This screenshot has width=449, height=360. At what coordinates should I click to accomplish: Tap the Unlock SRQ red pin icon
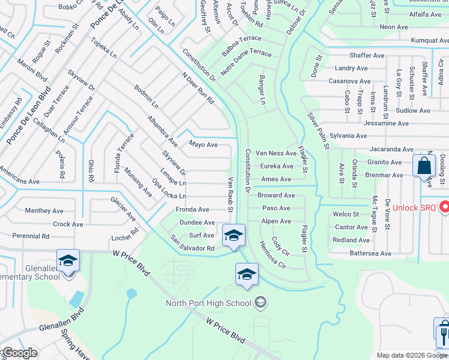pos(445,208)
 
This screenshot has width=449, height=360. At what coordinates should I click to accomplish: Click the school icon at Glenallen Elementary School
pos(68,262)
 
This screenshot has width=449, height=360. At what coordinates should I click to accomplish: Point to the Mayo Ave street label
pos(203,145)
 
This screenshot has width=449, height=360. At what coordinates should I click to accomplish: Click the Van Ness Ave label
pos(276,154)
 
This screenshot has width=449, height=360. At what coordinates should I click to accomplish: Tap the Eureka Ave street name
pos(277,166)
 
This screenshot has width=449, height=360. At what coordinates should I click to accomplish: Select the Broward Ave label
pos(276,196)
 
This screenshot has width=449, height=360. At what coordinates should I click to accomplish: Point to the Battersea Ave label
pos(370,254)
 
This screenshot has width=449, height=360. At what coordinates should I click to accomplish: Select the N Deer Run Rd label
pos(197,89)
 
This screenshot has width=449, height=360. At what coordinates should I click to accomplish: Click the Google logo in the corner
pos(19,353)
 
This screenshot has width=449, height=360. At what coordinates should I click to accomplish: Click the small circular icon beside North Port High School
pos(260,301)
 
